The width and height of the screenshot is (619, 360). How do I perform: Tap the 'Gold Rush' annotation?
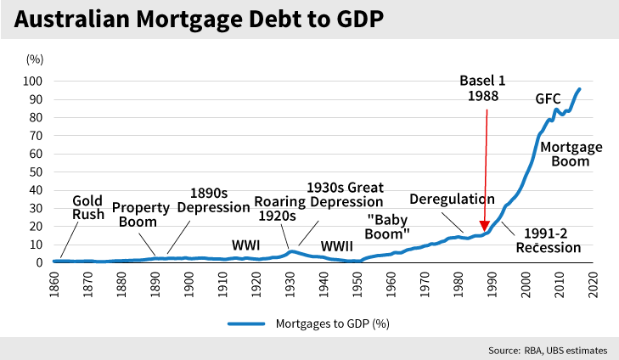(x=87, y=207)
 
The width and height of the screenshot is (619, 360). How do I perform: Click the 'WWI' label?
(x=245, y=221)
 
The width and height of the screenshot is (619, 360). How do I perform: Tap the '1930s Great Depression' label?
(x=346, y=194)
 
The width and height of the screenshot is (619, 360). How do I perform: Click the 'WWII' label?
(x=337, y=222)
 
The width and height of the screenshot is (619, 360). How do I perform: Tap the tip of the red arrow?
(x=484, y=229)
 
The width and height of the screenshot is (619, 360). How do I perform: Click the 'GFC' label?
(x=548, y=98)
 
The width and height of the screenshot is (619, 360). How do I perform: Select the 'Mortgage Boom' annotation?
(x=571, y=153)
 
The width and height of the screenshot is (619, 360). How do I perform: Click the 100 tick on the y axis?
(x=37, y=82)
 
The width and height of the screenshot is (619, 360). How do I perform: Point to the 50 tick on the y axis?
(x=40, y=172)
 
